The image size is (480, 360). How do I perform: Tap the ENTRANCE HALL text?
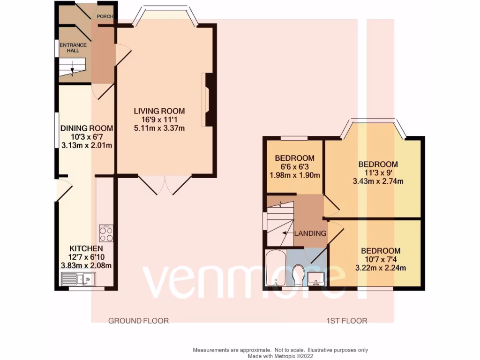[x=66, y=48]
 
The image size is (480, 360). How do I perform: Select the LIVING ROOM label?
[x=159, y=111]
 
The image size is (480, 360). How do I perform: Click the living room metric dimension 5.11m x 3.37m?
[x=159, y=127]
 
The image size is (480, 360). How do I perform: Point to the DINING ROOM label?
[x=87, y=128]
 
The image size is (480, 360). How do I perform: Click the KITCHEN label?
[x=86, y=248]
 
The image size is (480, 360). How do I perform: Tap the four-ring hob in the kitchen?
[x=106, y=233]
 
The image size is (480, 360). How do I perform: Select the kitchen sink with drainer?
[x=78, y=279]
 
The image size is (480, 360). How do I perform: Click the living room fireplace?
[x=209, y=99]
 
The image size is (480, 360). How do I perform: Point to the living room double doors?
[x=165, y=185]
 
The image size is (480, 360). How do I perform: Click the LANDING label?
[x=310, y=233]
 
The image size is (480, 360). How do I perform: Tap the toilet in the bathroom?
[x=298, y=275]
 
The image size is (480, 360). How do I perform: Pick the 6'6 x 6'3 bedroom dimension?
[x=294, y=167]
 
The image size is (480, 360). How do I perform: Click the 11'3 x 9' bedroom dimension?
[x=378, y=173]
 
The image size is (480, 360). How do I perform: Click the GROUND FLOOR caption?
[x=138, y=321]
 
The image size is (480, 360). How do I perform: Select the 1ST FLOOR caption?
[x=347, y=321]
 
